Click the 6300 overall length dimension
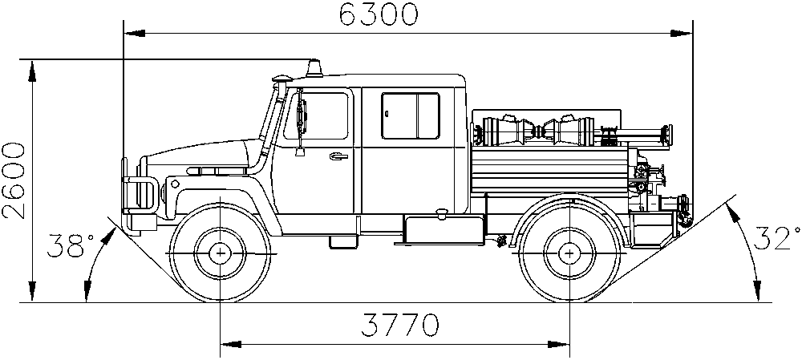coord(379,14)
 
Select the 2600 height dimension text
coord(14,181)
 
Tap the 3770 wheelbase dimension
coord(399,326)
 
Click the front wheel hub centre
coord(221,253)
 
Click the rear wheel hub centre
coord(569,253)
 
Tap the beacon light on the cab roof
coord(314,69)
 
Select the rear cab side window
coord(410,115)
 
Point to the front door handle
coord(337,156)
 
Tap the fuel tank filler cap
coord(439,212)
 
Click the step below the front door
coord(343,242)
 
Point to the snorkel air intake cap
coord(282,79)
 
